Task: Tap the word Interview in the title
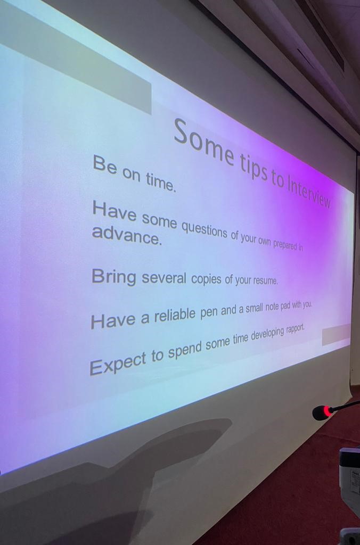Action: (x=308, y=193)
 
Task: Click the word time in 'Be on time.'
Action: (x=161, y=182)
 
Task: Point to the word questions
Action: (x=205, y=229)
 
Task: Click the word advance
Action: (x=127, y=235)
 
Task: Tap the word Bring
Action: (x=114, y=277)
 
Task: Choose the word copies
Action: (x=206, y=279)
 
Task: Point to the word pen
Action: (x=209, y=312)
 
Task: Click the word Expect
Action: (x=118, y=363)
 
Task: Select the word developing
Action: (x=267, y=334)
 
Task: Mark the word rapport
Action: (x=296, y=328)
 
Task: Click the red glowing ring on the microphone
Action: (x=326, y=411)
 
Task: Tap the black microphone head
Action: (x=320, y=413)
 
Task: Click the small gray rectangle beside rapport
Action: (x=336, y=334)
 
